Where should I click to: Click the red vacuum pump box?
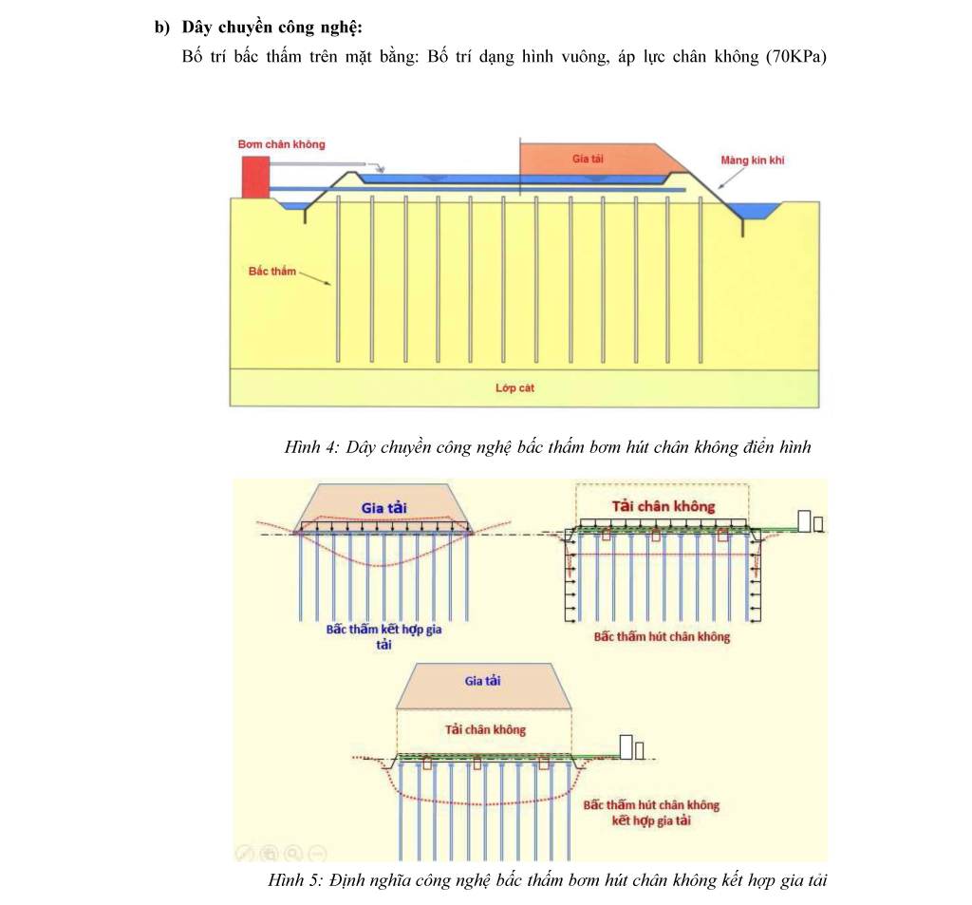[254, 178]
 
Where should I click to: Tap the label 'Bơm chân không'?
[282, 144]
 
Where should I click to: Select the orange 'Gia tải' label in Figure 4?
[588, 159]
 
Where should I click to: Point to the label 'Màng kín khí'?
[752, 160]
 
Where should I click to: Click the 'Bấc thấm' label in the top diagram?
[272, 272]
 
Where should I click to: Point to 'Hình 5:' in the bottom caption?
[296, 881]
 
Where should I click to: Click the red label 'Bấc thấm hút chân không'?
[662, 636]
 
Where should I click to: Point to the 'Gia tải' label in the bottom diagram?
[482, 681]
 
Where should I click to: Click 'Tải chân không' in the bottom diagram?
[485, 729]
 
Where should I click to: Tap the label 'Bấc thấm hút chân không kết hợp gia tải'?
[651, 813]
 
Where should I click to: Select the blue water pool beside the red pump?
[290, 205]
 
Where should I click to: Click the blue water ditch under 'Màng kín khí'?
[759, 211]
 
